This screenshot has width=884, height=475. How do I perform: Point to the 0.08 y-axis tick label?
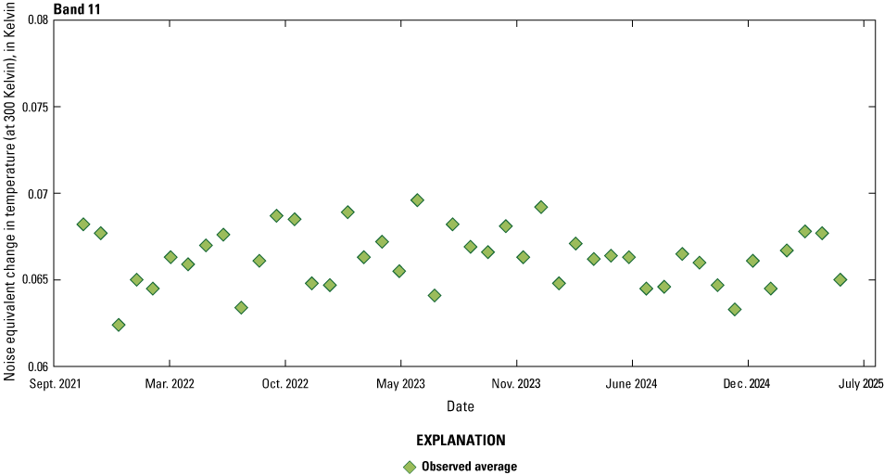[x=36, y=19]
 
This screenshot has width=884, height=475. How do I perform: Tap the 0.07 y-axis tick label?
[x=36, y=193]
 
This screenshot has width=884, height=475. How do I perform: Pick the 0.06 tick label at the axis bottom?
[x=36, y=366]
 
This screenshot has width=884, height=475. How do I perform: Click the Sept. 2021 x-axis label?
[x=54, y=382]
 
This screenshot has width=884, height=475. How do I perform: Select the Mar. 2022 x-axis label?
[x=170, y=382]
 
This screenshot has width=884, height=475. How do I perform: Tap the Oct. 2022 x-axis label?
[x=284, y=382]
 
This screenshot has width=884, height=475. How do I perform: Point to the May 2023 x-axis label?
[x=400, y=382]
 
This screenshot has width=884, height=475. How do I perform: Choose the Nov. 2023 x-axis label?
[x=516, y=382]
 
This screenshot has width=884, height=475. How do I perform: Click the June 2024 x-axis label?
[x=632, y=382]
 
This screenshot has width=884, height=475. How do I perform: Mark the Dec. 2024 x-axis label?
[x=747, y=382]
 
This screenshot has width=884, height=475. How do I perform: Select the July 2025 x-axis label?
[x=862, y=382]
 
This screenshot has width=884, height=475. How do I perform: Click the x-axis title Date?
[x=461, y=406]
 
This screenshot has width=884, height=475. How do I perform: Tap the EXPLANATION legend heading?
[x=461, y=440]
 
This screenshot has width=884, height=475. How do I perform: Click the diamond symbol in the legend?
[x=410, y=466]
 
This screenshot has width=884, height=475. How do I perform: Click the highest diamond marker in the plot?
[x=417, y=199]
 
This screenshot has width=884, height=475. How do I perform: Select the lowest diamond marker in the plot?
[x=119, y=325]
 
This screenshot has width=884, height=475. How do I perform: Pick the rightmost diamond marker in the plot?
[x=840, y=279]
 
